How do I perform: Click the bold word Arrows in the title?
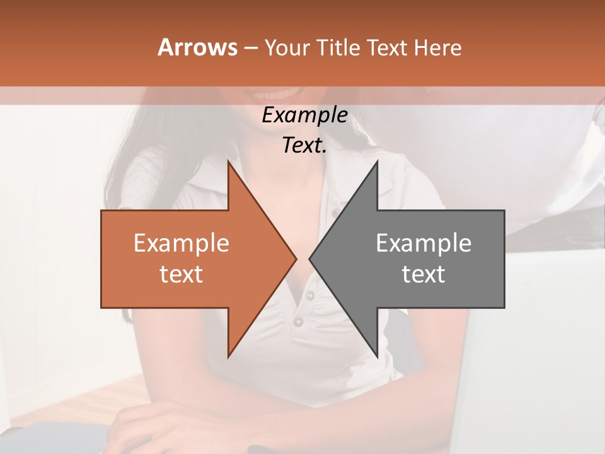(197, 47)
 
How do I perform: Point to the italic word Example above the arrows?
(304, 115)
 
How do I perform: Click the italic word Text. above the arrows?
(304, 146)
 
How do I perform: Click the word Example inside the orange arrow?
(181, 243)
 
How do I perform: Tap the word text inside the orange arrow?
(181, 274)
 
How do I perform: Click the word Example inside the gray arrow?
(423, 243)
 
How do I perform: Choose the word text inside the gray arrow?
(423, 274)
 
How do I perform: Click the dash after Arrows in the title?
(250, 48)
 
